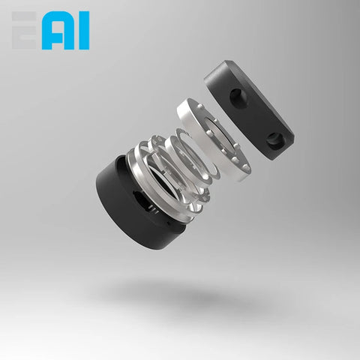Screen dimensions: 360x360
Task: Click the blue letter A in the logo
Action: (58, 31)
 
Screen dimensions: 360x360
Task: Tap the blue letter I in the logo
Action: (82, 31)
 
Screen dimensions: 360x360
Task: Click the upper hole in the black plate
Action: (236, 95)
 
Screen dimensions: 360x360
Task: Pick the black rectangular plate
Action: (251, 105)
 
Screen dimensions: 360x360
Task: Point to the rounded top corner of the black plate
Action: (217, 65)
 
